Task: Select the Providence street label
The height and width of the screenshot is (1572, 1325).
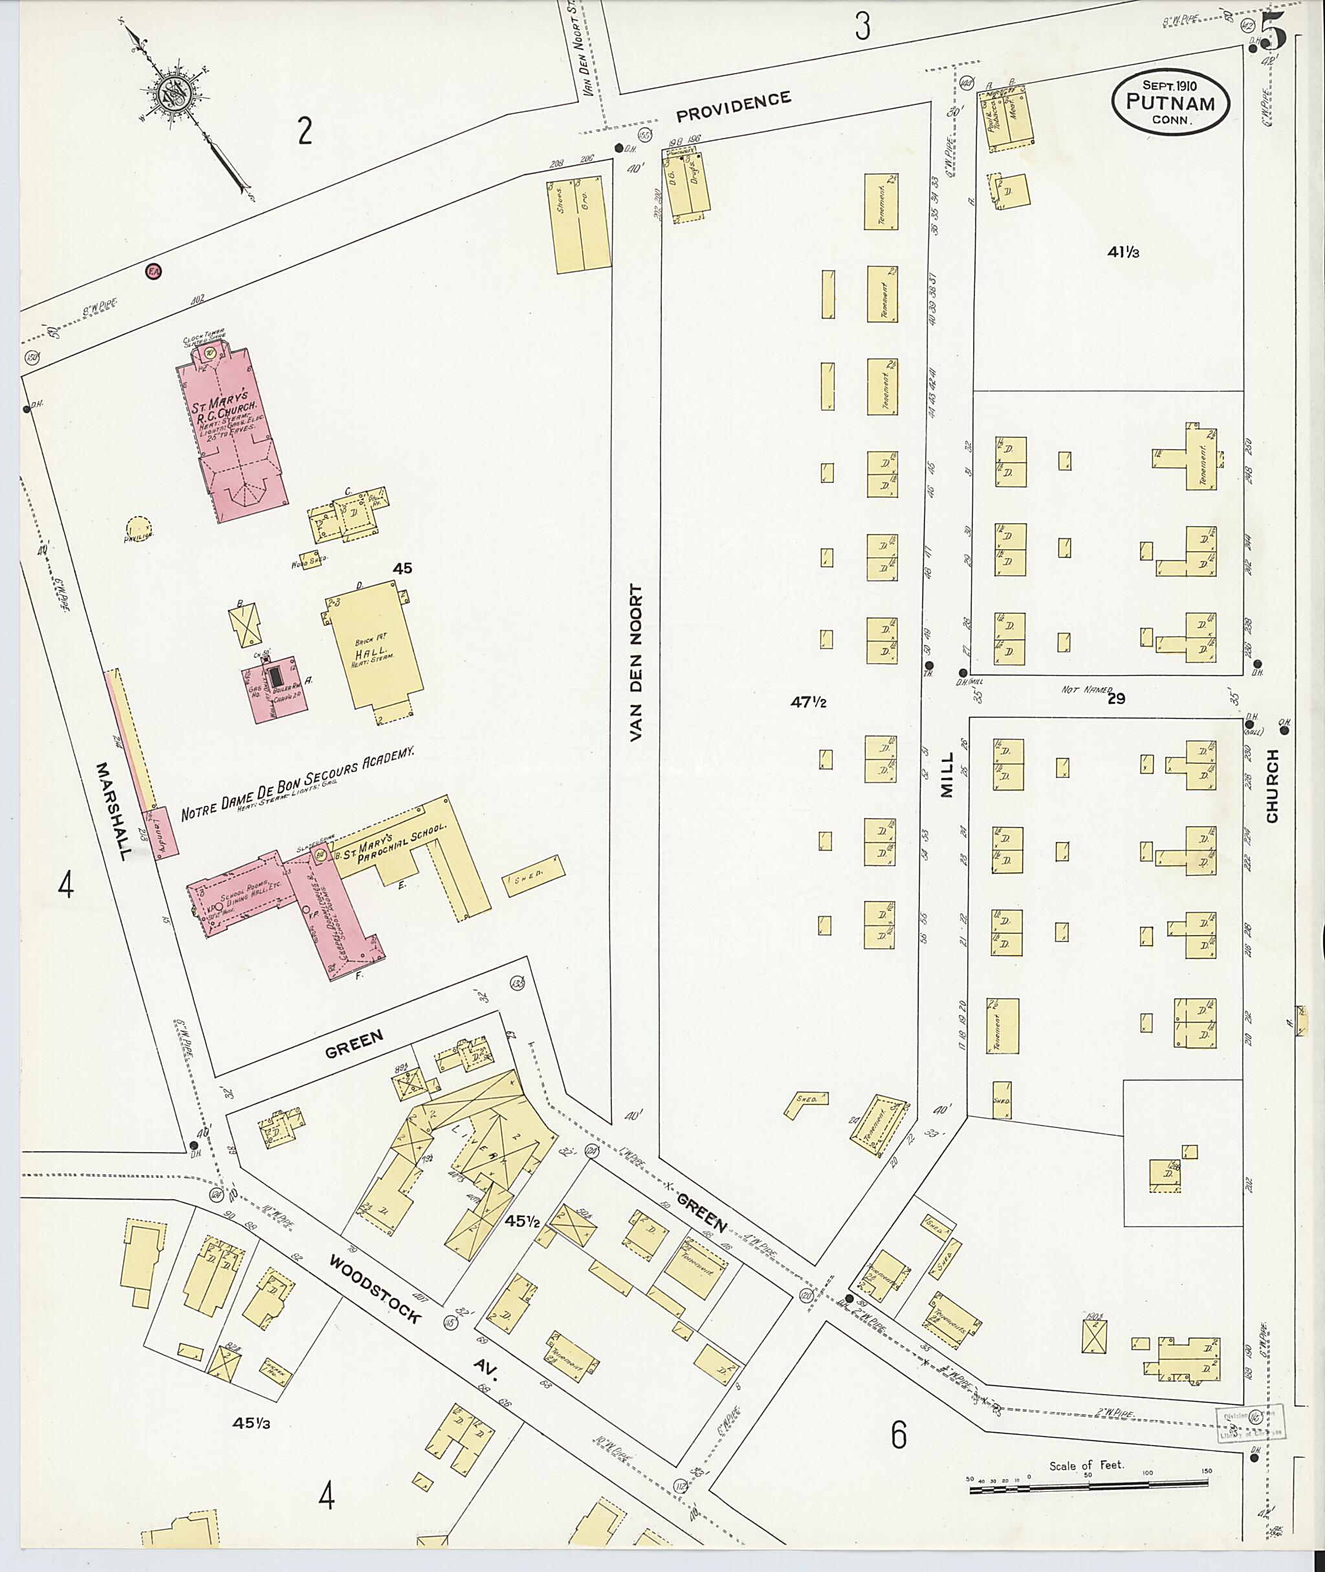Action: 733,106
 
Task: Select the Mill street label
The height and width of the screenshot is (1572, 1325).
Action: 946,775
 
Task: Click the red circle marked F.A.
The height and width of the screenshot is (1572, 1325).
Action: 154,271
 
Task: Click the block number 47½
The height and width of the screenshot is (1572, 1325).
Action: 808,703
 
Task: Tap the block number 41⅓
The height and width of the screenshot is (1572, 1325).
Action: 1123,253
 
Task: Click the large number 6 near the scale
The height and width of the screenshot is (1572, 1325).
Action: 899,1435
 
